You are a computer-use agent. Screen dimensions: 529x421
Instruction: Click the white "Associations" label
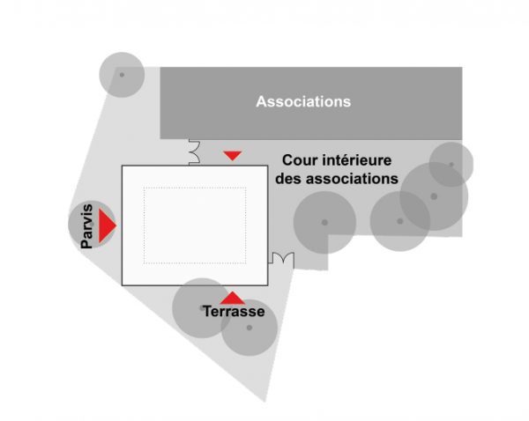(303, 101)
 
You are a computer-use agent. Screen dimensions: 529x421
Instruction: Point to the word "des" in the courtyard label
(287, 179)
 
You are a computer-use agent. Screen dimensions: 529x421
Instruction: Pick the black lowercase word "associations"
(350, 179)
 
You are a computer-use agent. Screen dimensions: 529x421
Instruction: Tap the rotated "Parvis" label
(86, 226)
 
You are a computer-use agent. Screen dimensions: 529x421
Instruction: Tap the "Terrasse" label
(234, 311)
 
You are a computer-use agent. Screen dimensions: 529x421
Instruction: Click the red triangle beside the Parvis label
(107, 225)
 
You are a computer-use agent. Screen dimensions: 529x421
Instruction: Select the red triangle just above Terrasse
(233, 298)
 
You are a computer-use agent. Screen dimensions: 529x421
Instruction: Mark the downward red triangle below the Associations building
(233, 155)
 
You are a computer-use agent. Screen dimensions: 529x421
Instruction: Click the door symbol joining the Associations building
(194, 152)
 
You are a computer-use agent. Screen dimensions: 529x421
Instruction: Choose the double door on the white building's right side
(281, 258)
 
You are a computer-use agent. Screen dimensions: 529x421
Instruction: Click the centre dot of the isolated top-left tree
(122, 75)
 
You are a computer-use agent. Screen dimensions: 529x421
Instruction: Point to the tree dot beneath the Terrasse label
(250, 328)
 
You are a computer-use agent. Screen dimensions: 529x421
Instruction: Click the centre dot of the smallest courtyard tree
(451, 165)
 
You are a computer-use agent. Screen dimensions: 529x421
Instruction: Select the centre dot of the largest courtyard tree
(434, 196)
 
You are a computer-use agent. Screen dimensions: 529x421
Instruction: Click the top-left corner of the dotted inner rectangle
(144, 188)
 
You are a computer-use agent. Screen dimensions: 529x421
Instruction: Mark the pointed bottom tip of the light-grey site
(264, 402)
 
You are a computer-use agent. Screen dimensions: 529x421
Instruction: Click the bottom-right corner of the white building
(268, 285)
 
